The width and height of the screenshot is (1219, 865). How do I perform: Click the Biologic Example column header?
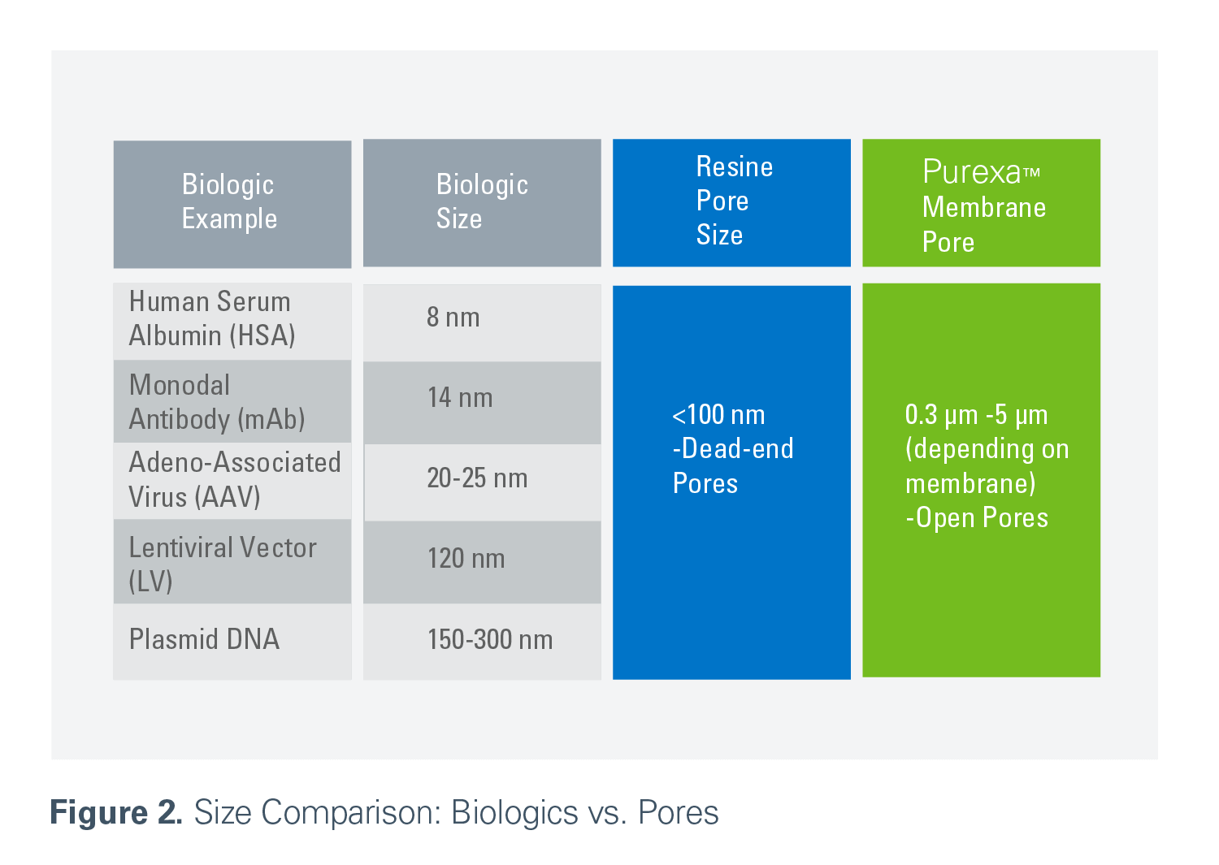(x=232, y=204)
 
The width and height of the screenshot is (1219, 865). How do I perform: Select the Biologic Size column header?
(x=482, y=203)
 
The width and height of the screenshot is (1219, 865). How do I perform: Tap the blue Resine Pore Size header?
(x=731, y=203)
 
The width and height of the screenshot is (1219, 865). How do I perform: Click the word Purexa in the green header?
(x=971, y=172)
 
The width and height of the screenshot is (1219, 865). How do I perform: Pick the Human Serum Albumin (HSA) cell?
(x=232, y=321)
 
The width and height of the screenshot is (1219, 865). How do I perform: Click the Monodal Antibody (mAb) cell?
(x=232, y=401)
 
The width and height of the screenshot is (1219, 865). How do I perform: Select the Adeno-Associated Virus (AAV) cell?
(x=232, y=481)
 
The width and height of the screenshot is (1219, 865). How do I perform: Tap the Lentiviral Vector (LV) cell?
(x=232, y=561)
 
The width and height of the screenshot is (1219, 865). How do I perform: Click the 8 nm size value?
(x=453, y=317)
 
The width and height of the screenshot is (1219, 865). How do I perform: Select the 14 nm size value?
(x=460, y=398)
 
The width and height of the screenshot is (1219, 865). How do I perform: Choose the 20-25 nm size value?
(x=477, y=478)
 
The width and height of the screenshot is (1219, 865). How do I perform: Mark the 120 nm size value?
(x=466, y=559)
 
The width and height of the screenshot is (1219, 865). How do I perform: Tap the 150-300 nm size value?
(x=490, y=639)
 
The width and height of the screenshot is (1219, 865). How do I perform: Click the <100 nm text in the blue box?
(x=718, y=415)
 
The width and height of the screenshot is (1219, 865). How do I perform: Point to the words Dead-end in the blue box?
(x=737, y=449)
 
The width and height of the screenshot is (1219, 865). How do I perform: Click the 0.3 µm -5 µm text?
(x=976, y=415)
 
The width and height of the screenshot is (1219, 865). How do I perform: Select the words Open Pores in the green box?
(x=983, y=517)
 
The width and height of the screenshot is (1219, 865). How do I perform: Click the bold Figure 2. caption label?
(x=116, y=812)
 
